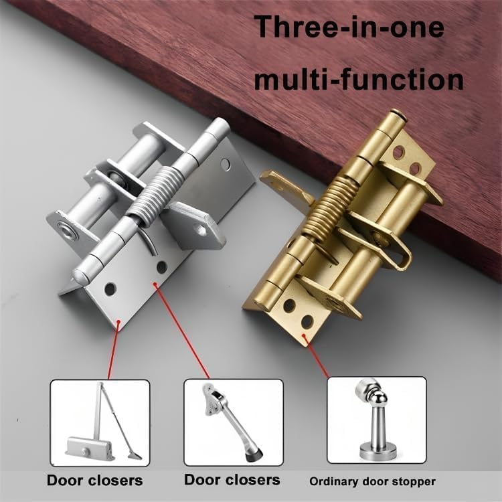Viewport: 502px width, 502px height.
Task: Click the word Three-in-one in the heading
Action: (x=349, y=26)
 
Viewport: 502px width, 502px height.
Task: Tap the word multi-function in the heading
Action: (x=359, y=80)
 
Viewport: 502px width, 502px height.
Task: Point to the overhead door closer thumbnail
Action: (x=100, y=422)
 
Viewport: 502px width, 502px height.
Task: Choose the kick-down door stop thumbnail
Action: (x=234, y=422)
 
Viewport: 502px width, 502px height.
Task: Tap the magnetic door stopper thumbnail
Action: (x=377, y=420)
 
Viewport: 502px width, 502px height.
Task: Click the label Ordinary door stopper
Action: (x=372, y=481)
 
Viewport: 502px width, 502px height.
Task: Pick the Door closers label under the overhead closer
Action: (x=95, y=481)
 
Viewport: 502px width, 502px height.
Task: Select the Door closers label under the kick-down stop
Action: (x=232, y=480)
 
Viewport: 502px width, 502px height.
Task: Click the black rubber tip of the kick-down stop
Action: (x=255, y=455)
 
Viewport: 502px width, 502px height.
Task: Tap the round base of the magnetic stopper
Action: (x=378, y=450)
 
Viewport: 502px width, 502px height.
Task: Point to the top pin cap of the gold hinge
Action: (x=398, y=115)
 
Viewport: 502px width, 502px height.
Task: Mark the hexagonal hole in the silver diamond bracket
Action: (x=202, y=230)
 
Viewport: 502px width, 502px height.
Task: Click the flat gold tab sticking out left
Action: (x=286, y=187)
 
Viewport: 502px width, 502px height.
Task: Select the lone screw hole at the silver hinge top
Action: (x=226, y=164)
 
